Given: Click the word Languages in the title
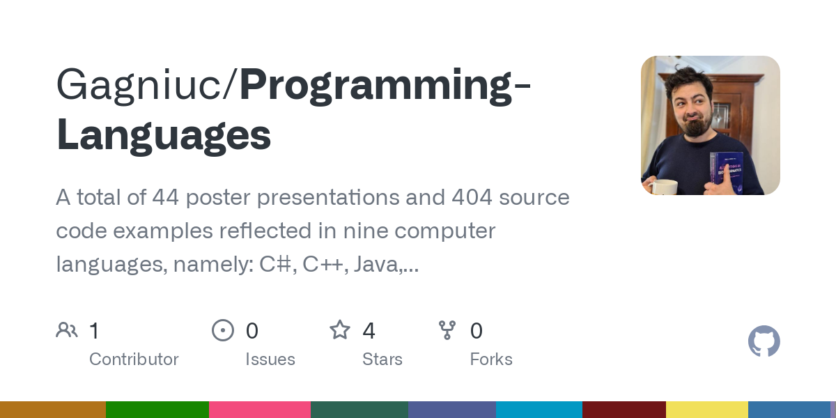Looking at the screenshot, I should tap(164, 136).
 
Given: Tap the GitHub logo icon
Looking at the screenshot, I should tap(764, 341).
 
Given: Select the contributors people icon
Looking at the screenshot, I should tap(67, 330).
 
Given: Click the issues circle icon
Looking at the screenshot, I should tap(223, 330).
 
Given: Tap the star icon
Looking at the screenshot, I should tap(340, 330).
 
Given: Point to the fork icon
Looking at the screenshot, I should tap(447, 330).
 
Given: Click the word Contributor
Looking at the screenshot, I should tap(134, 359).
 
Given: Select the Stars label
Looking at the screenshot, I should tap(382, 359).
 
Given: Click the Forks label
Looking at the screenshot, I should tap(491, 359).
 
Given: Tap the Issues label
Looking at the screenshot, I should tap(270, 359).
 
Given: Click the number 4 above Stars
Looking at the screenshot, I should tap(369, 330).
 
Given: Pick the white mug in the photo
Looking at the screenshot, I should tap(663, 186).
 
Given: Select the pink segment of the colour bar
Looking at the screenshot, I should tap(260, 410).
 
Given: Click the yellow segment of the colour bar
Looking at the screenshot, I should tap(707, 410).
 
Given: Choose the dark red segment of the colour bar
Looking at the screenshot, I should tap(624, 410).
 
